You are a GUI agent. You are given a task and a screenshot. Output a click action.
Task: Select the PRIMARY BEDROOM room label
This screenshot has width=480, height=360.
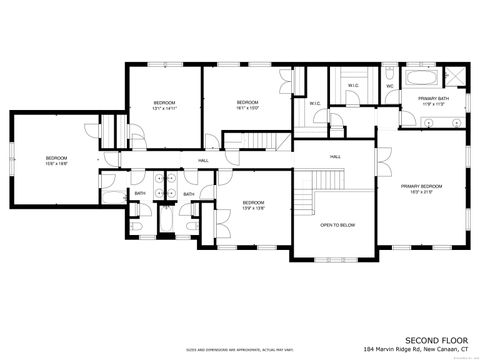(x=421, y=186)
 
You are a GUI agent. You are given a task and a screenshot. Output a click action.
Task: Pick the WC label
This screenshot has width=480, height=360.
(x=389, y=86)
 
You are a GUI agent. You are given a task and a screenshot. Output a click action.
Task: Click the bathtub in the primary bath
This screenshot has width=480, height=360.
(x=425, y=76)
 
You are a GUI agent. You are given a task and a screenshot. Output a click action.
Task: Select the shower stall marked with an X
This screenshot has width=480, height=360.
(x=455, y=75)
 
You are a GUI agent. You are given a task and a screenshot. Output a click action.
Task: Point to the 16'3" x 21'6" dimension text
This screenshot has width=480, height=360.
(x=422, y=192)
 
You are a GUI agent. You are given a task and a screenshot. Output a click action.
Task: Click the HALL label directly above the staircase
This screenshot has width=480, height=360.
(x=337, y=158)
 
